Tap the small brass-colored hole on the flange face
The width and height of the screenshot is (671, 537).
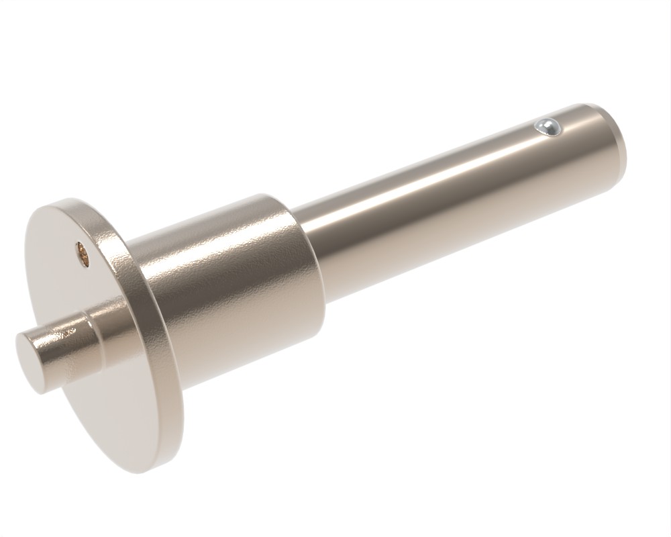click(x=81, y=254)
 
